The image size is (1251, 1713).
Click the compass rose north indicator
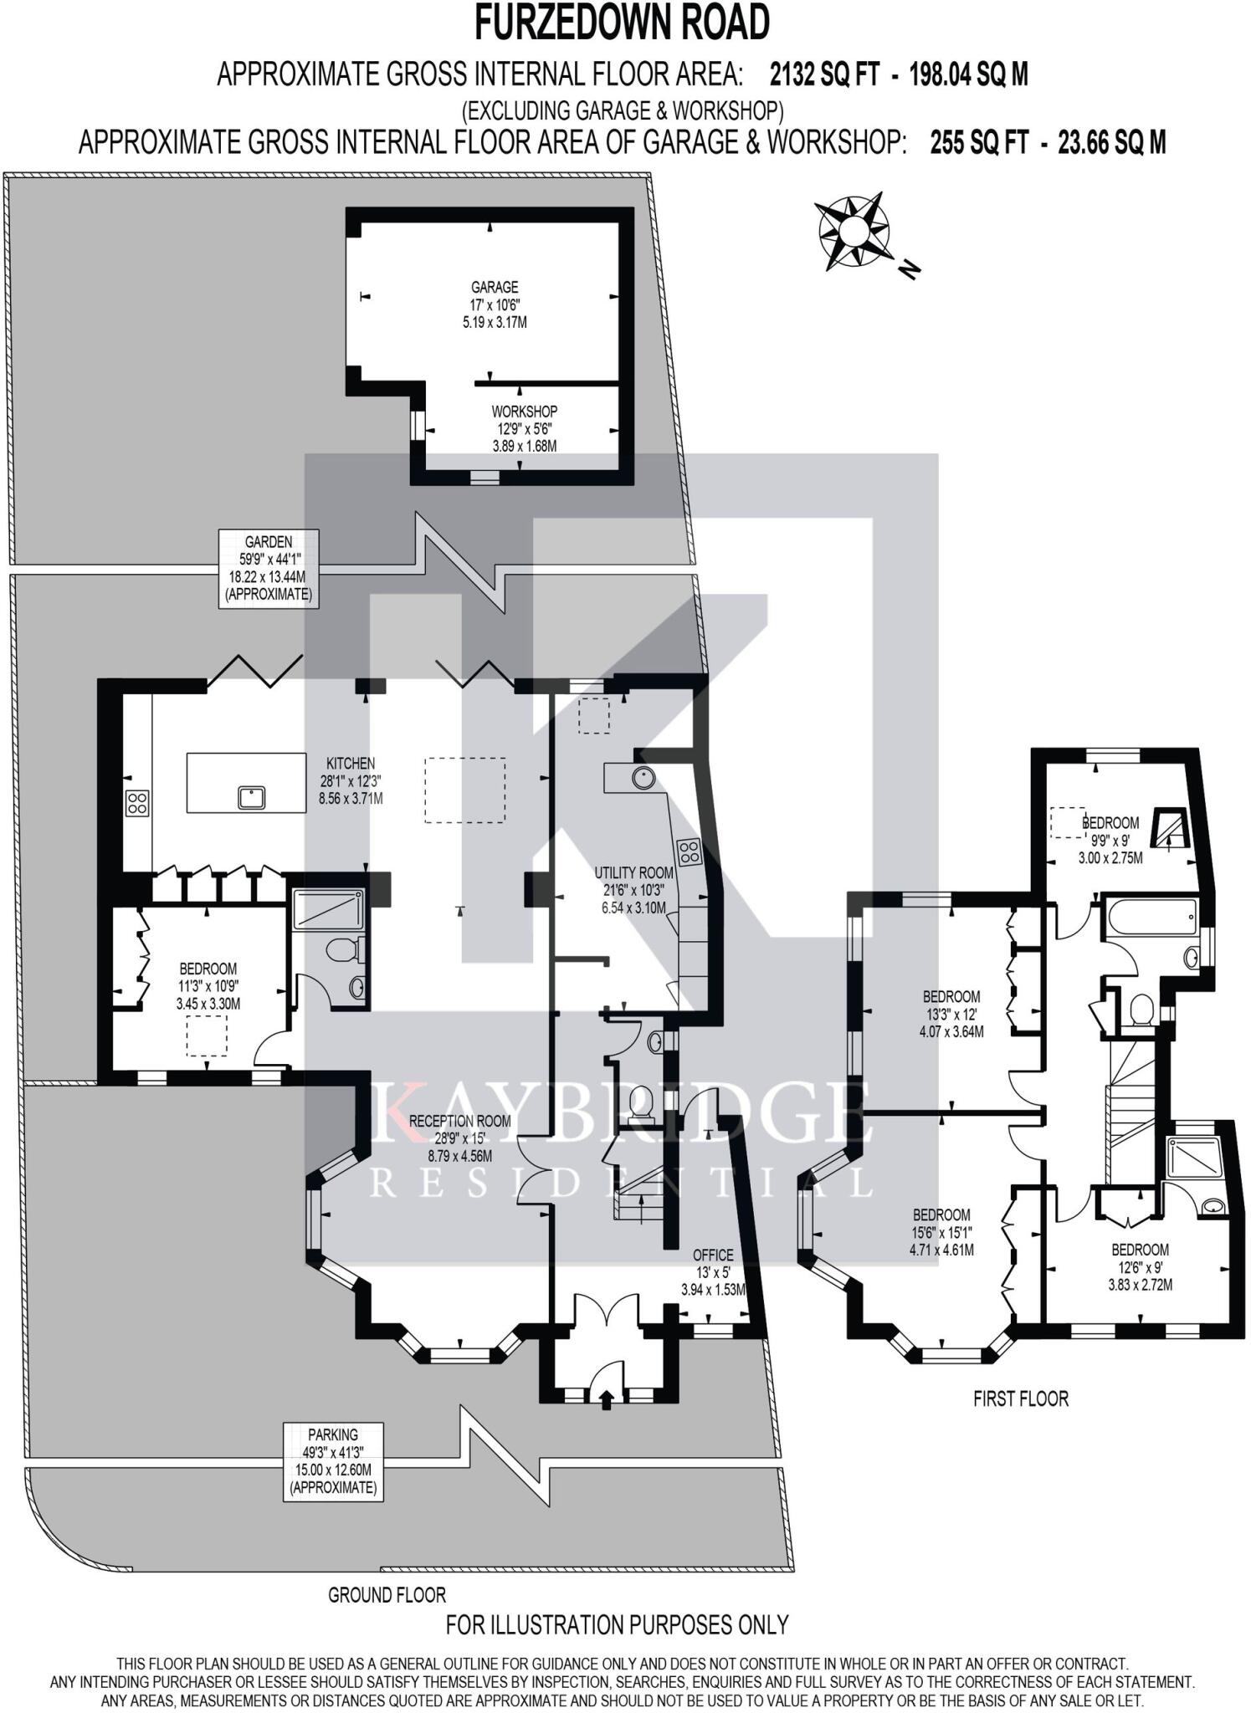852,231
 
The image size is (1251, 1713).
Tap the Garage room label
495,304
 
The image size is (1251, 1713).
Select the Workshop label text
524,428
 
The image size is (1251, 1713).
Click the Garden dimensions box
269,568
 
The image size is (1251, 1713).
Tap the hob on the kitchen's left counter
137,803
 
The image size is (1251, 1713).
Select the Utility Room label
633,890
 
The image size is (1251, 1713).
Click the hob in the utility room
690,851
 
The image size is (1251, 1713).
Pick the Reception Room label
459,1138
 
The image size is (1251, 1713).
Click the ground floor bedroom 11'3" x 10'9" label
208,985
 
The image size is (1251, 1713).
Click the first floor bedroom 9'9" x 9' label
1110,839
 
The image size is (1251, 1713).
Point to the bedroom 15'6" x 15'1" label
941,1232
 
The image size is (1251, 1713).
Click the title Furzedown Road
623,23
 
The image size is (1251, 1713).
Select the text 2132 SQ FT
823,75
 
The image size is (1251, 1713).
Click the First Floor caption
1020,1398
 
